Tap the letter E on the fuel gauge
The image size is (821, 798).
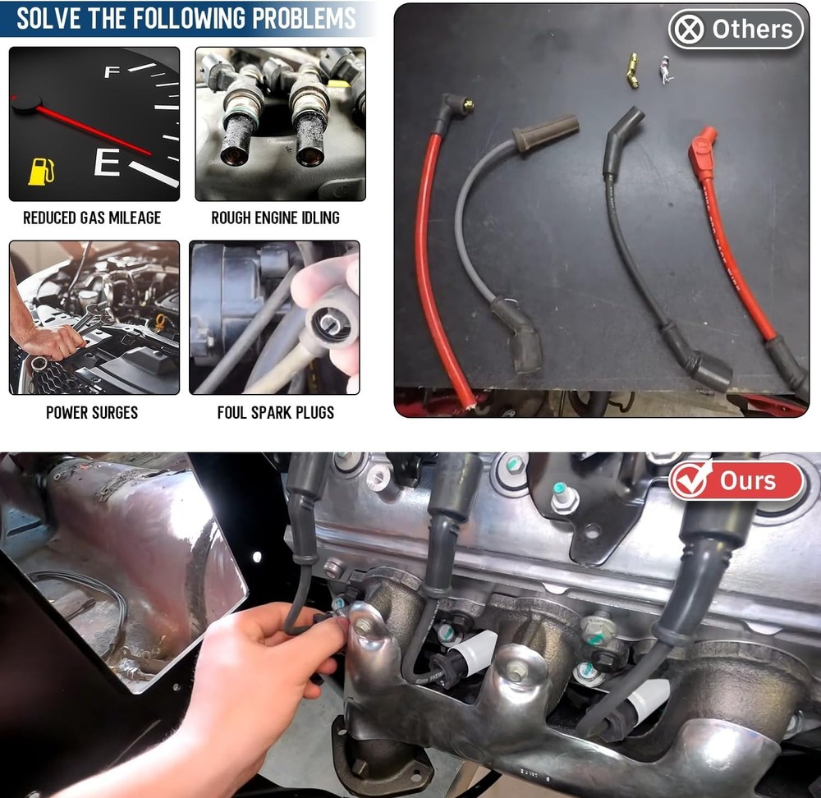107,162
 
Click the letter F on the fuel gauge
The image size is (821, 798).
112,72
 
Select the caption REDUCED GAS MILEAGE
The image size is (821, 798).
92,218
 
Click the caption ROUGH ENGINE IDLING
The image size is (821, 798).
275,218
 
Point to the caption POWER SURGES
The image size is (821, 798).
92,412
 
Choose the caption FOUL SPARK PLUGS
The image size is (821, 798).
275,412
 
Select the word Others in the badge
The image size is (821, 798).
752,30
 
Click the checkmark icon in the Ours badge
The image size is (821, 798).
691,481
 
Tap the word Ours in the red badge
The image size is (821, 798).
748,481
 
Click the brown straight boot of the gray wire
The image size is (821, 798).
546,131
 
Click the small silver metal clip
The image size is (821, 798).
665,71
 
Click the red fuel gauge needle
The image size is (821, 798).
90,127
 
